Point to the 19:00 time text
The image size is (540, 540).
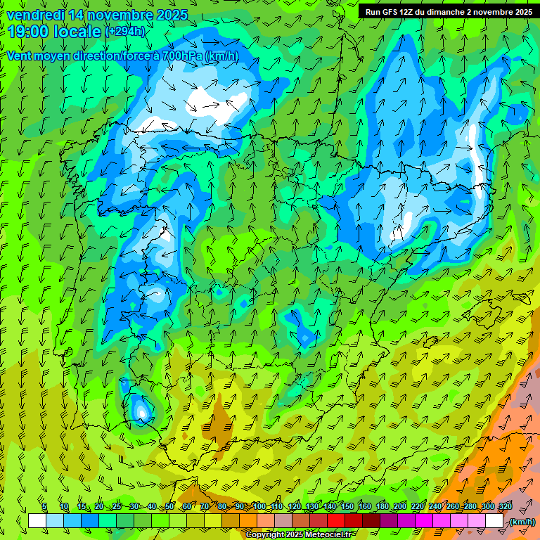pos(29,31)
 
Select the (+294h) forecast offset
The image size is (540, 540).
pos(125,32)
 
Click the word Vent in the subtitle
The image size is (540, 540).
pos(20,56)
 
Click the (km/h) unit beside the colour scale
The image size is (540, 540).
pos(522,522)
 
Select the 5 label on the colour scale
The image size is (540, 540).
pos(44,507)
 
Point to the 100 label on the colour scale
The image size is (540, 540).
pos(259,507)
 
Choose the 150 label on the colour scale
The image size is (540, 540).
pos(347,507)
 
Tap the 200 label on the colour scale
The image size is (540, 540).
pos(400,507)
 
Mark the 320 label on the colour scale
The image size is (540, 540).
pos(505,507)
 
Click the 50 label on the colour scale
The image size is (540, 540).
pos(169,507)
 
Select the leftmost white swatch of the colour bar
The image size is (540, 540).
pos(37,521)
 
